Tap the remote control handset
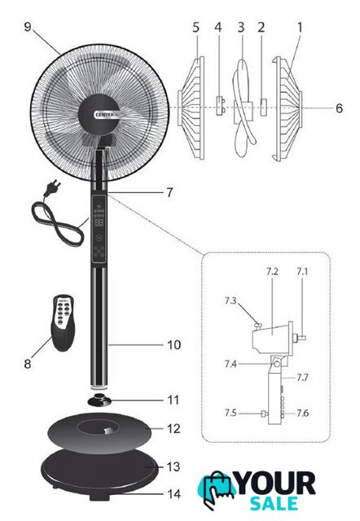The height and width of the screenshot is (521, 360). (62, 322)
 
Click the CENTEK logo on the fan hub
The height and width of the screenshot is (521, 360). (105, 115)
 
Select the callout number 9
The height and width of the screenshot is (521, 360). (28, 27)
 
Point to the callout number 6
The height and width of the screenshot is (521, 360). (339, 108)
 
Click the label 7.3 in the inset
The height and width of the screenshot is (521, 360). (230, 300)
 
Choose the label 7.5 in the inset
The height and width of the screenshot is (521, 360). (230, 413)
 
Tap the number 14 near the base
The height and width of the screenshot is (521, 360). (173, 494)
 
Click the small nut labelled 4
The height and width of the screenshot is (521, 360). (220, 106)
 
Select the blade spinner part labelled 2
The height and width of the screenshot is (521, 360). (263, 107)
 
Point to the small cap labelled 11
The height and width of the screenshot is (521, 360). (99, 399)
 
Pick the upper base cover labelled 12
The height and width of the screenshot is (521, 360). (99, 431)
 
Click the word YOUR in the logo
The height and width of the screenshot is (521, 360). (275, 484)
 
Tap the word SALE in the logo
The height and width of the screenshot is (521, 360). (274, 504)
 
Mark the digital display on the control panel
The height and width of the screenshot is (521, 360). (99, 222)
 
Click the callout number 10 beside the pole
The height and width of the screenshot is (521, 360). (173, 345)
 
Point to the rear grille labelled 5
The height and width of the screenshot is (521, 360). (191, 108)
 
